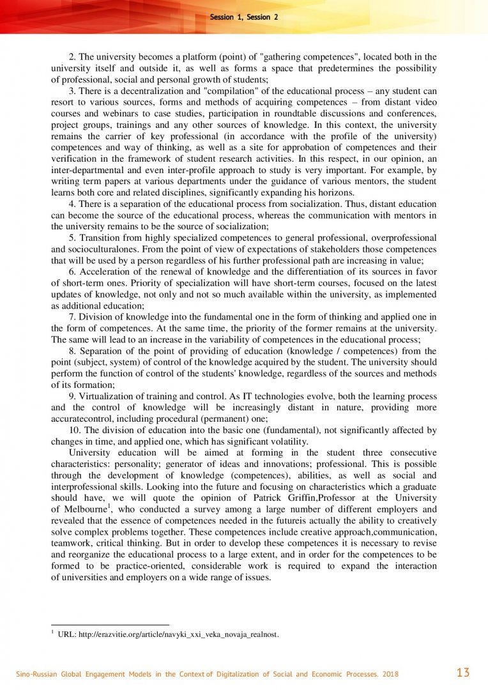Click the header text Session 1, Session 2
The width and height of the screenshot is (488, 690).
tap(243, 17)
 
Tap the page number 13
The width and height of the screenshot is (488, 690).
tap(463, 673)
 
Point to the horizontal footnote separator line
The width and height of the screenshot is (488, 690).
tap(110, 624)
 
